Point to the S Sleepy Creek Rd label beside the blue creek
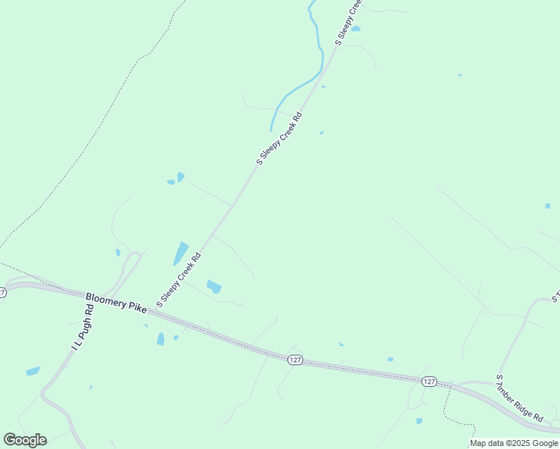point(279,138)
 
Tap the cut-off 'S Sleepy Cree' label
point(348,22)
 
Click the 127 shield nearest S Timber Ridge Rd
point(428,382)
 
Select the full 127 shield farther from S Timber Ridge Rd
point(295,360)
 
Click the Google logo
point(25,440)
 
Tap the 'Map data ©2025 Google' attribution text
point(514,444)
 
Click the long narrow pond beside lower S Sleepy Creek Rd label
point(180,254)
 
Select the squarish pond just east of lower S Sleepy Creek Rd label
point(214,287)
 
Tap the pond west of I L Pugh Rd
point(33,371)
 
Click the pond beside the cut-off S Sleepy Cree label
point(356,29)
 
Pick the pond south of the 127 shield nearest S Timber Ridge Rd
point(419,421)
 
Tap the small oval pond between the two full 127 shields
point(390,359)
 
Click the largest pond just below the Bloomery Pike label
point(160,339)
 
